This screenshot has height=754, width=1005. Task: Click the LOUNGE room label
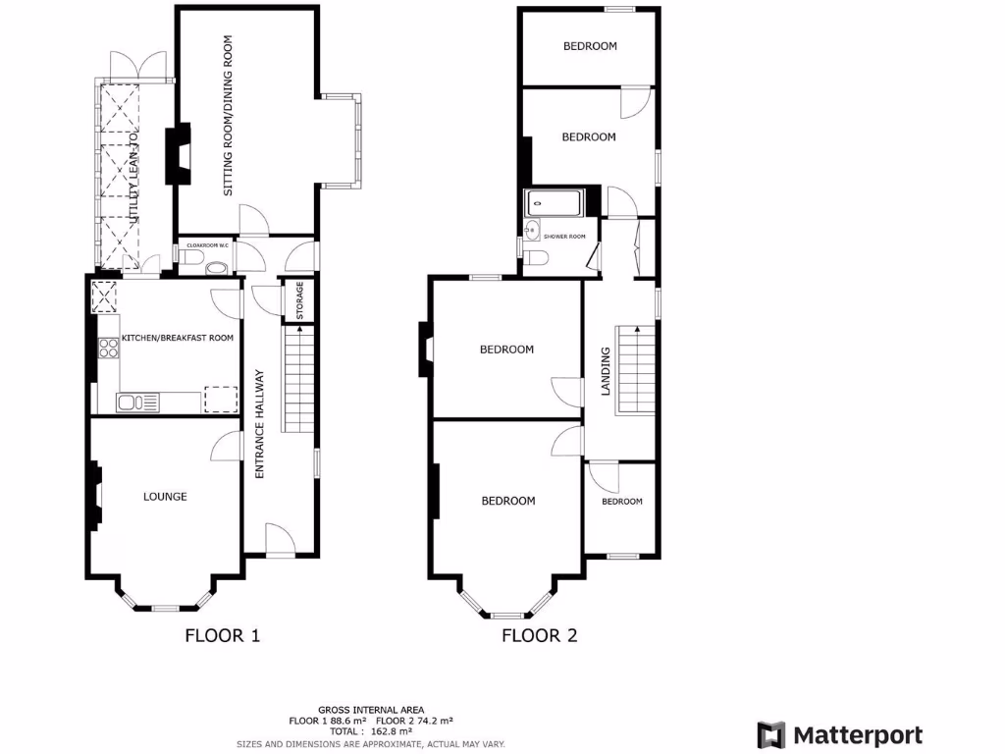pos(165,497)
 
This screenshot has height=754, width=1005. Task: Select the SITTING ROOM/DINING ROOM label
pos(228,116)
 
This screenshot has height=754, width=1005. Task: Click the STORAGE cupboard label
pos(299,300)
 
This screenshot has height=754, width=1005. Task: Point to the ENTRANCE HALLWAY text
pos(260,424)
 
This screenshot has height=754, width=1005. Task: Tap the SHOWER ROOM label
pos(564,237)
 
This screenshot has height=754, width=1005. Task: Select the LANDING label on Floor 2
pos(606,371)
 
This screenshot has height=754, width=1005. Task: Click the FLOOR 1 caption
pos(223,635)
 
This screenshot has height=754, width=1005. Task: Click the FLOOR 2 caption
pos(540,635)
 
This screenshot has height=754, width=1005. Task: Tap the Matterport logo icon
pos(771,734)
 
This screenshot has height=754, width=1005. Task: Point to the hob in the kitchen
pos(108,347)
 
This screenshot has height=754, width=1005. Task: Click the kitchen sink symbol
pos(137,401)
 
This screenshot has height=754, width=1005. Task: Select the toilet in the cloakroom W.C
pos(191,257)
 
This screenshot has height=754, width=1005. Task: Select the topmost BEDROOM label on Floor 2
pos(590,46)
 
